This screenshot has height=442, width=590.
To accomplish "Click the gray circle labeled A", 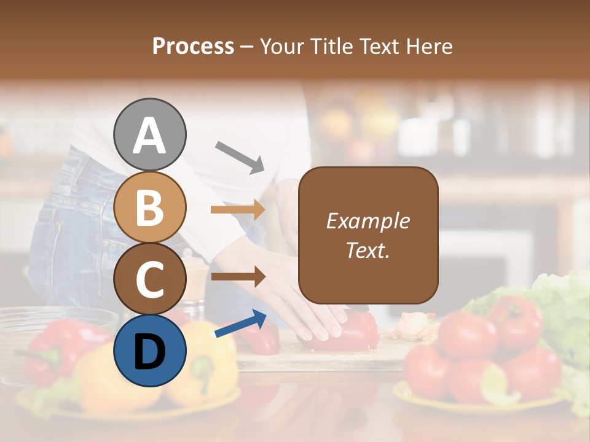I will [150, 134].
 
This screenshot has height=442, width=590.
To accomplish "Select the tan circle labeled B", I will [150, 207].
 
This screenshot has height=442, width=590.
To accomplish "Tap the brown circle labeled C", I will [150, 279].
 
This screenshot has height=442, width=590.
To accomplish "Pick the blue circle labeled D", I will [150, 351].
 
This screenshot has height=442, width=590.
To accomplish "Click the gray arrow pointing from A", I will [240, 157].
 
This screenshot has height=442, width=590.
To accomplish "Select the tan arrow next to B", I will [238, 209].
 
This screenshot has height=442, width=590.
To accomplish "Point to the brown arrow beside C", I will [238, 277].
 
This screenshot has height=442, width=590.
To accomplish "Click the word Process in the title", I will [193, 46].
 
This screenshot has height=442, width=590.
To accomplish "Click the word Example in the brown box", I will [368, 221].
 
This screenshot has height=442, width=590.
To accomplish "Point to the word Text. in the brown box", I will [368, 250].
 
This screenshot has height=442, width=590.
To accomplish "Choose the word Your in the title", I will [285, 46].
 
